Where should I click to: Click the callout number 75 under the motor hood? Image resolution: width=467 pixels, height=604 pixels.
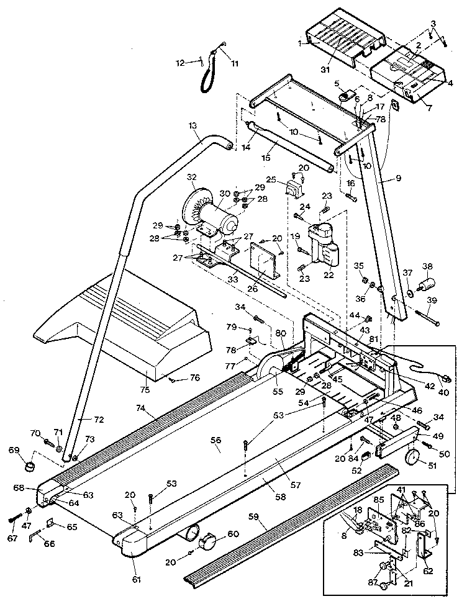(x=146, y=390)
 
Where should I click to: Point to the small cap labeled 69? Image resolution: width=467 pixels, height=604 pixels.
(x=30, y=463)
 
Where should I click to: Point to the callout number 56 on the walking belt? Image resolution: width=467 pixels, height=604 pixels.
(x=215, y=439)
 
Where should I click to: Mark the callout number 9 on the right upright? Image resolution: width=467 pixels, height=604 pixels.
(x=398, y=178)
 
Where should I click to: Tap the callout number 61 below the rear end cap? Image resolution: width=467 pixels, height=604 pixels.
(x=137, y=580)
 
